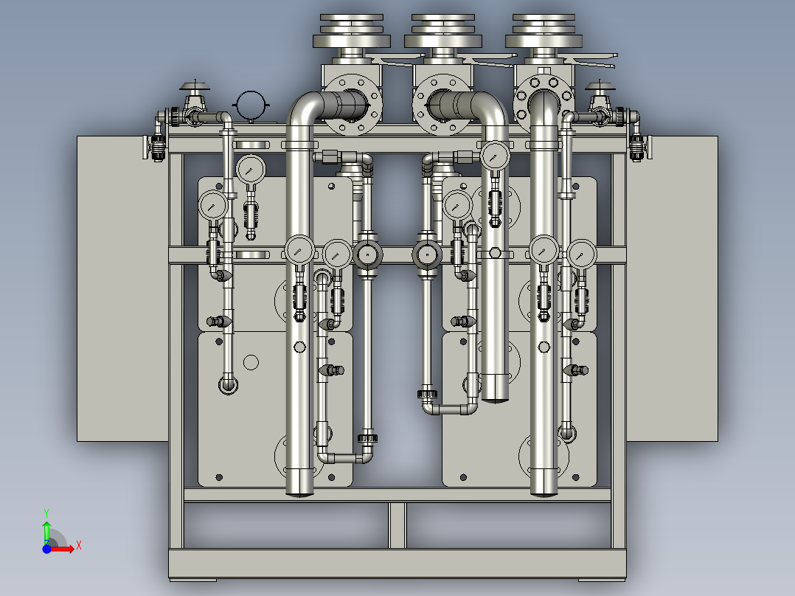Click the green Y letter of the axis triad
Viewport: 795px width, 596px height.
point(46,513)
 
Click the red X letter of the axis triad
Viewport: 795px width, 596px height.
point(79,546)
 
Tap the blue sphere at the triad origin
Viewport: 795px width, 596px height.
point(46,549)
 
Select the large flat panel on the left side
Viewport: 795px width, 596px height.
point(122,288)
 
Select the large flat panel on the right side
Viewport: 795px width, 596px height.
point(672,288)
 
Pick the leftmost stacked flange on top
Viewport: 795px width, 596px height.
point(351,32)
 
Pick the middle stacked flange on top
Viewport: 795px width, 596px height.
point(442,32)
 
